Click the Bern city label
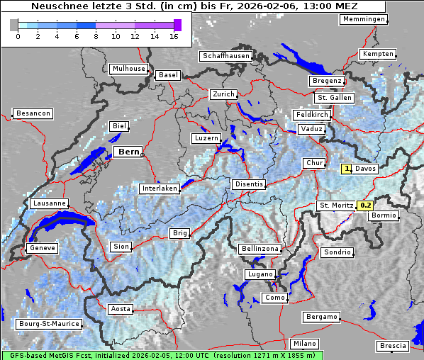[129, 152]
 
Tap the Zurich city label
[223, 94]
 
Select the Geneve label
[41, 249]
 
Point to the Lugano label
[260, 274]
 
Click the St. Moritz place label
[336, 206]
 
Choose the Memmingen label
[364, 19]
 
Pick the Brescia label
[393, 346]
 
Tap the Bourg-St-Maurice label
[49, 325]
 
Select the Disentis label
[249, 184]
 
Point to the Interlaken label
[159, 189]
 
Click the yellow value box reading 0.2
[365, 206]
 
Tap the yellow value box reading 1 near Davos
[347, 169]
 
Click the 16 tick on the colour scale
[173, 36]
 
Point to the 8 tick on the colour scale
[95, 36]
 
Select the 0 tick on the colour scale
[17, 36]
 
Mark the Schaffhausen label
[225, 55]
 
